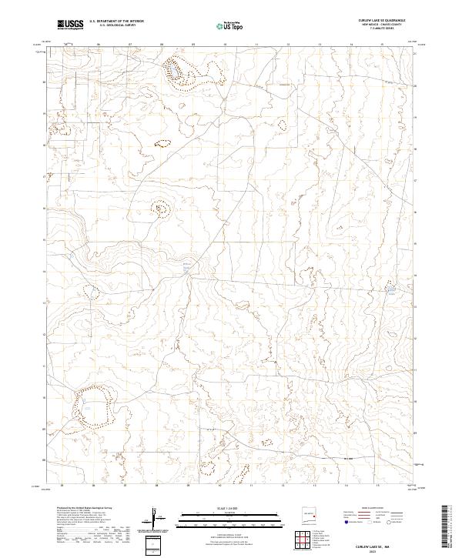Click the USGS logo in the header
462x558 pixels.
(x=71, y=25)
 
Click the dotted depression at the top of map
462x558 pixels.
(x=177, y=71)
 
